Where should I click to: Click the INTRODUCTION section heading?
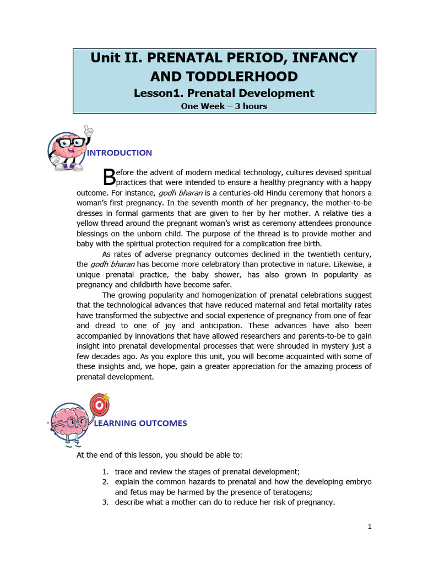(120, 153)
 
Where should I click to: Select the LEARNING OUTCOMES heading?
(140, 423)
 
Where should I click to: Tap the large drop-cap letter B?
(109, 177)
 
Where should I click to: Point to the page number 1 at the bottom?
(370, 527)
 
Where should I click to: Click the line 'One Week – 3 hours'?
(224, 106)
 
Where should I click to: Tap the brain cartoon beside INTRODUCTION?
(68, 148)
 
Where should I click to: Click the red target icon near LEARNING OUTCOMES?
(99, 404)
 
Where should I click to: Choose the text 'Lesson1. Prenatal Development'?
(224, 93)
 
